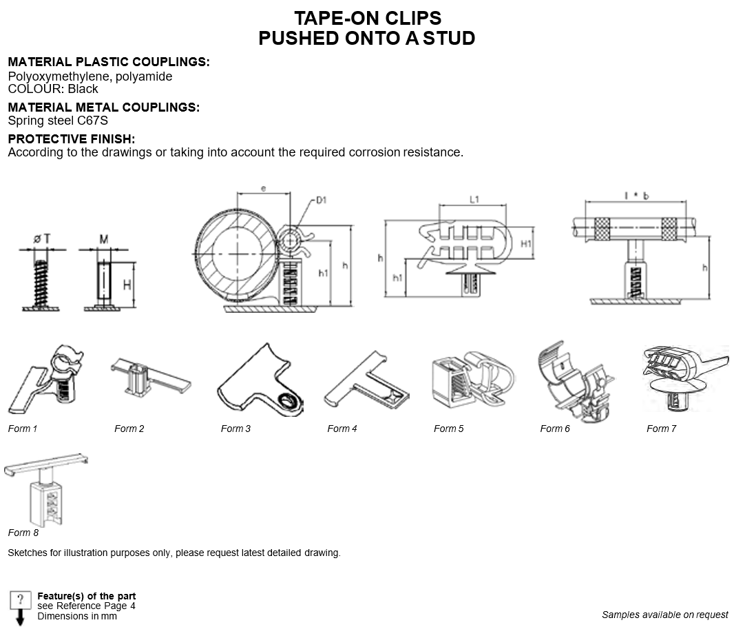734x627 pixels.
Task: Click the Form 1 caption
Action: [23, 429]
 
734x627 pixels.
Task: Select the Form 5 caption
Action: [448, 429]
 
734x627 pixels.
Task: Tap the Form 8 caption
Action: [23, 533]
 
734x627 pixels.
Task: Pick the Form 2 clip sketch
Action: [151, 378]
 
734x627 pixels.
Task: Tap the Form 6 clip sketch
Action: [576, 380]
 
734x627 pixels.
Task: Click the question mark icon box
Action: [20, 601]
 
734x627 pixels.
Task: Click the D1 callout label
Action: [321, 201]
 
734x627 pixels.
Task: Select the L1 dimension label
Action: [474, 200]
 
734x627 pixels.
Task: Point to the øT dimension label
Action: [42, 239]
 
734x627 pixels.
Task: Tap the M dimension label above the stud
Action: [103, 239]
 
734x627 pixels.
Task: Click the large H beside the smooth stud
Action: [127, 285]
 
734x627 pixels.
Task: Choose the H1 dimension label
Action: [526, 243]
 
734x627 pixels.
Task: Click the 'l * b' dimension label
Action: [637, 196]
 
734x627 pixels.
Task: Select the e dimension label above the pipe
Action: [263, 188]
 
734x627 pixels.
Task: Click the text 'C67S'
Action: [92, 121]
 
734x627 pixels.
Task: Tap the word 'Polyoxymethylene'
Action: [58, 76]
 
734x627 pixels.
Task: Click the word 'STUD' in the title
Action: [449, 38]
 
